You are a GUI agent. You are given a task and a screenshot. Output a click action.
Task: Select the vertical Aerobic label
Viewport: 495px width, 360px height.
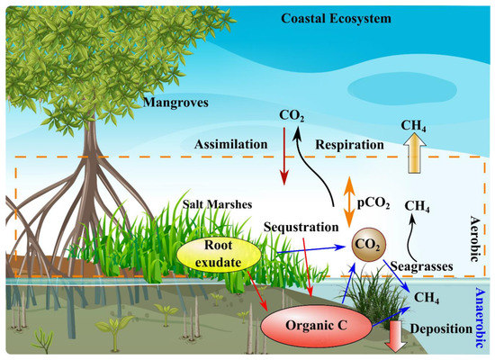tap(476, 238)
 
